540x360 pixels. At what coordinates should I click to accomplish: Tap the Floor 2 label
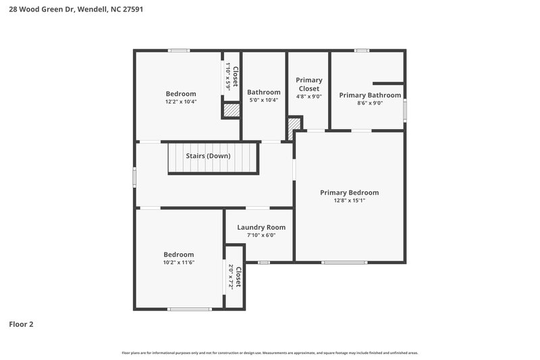point(22,324)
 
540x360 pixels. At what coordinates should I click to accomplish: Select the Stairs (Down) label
point(208,156)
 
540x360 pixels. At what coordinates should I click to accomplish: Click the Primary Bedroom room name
point(349,192)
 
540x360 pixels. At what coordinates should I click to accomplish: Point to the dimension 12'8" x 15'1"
point(349,201)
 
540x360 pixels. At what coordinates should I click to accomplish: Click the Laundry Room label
point(261,228)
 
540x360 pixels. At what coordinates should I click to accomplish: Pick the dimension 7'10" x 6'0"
point(261,235)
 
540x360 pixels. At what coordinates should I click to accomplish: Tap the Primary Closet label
point(309,84)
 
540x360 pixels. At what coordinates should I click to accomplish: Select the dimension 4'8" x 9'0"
point(309,97)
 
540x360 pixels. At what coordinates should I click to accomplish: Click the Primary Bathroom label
point(369,95)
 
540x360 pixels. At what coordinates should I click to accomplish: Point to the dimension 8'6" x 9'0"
point(369,103)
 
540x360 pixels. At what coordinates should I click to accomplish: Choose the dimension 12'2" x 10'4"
point(181,102)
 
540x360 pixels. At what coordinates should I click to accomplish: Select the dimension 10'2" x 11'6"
point(178,263)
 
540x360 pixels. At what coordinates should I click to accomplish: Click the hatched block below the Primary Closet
point(294,127)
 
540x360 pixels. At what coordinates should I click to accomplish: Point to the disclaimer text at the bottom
point(269,353)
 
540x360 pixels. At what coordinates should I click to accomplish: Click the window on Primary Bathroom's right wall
point(404,111)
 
